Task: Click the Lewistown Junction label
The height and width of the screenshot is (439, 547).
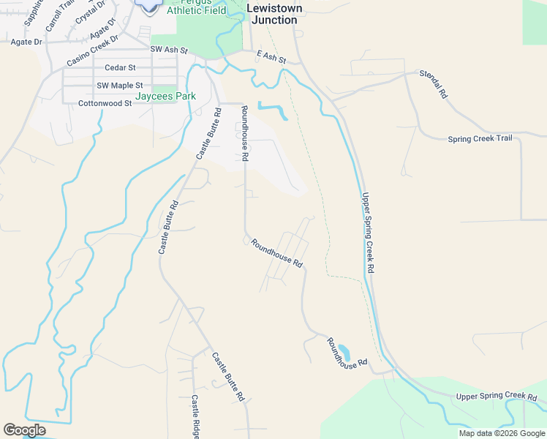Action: pyautogui.click(x=273, y=14)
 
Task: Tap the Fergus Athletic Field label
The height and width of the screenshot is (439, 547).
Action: pyautogui.click(x=196, y=9)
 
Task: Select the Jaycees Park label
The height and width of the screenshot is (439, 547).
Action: pyautogui.click(x=165, y=96)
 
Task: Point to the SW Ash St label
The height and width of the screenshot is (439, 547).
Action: pyautogui.click(x=169, y=50)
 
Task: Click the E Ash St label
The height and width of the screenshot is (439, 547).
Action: pyautogui.click(x=271, y=56)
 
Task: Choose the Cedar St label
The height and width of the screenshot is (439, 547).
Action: pyautogui.click(x=116, y=67)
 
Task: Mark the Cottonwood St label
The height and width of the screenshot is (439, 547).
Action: pyautogui.click(x=105, y=104)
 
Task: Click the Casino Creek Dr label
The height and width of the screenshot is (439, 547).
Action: pyautogui.click(x=92, y=50)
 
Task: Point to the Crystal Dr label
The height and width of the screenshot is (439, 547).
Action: pyautogui.click(x=85, y=14)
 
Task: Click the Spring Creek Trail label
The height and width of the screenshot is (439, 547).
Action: pyautogui.click(x=480, y=138)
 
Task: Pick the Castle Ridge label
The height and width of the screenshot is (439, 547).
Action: pyautogui.click(x=196, y=417)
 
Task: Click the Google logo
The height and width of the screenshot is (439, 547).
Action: pyautogui.click(x=24, y=430)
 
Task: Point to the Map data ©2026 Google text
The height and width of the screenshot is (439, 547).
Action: pyautogui.click(x=502, y=433)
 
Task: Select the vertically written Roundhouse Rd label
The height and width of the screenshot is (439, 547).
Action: pyautogui.click(x=246, y=133)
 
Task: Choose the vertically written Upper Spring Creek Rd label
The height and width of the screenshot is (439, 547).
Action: pyautogui.click(x=367, y=233)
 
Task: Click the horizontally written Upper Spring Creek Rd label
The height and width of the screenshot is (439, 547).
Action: pyautogui.click(x=496, y=397)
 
